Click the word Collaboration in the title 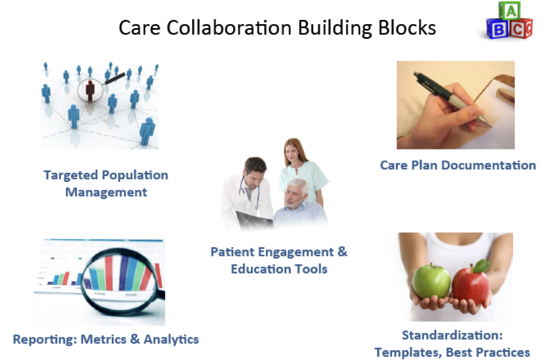[x=229, y=28]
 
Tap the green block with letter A [x=510, y=11]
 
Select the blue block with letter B [x=498, y=29]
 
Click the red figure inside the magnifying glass [x=90, y=91]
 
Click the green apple [x=431, y=281]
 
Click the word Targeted [x=71, y=175]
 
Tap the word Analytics [x=171, y=339]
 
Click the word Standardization [x=452, y=335]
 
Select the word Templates [x=408, y=352]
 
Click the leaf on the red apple [x=482, y=265]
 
